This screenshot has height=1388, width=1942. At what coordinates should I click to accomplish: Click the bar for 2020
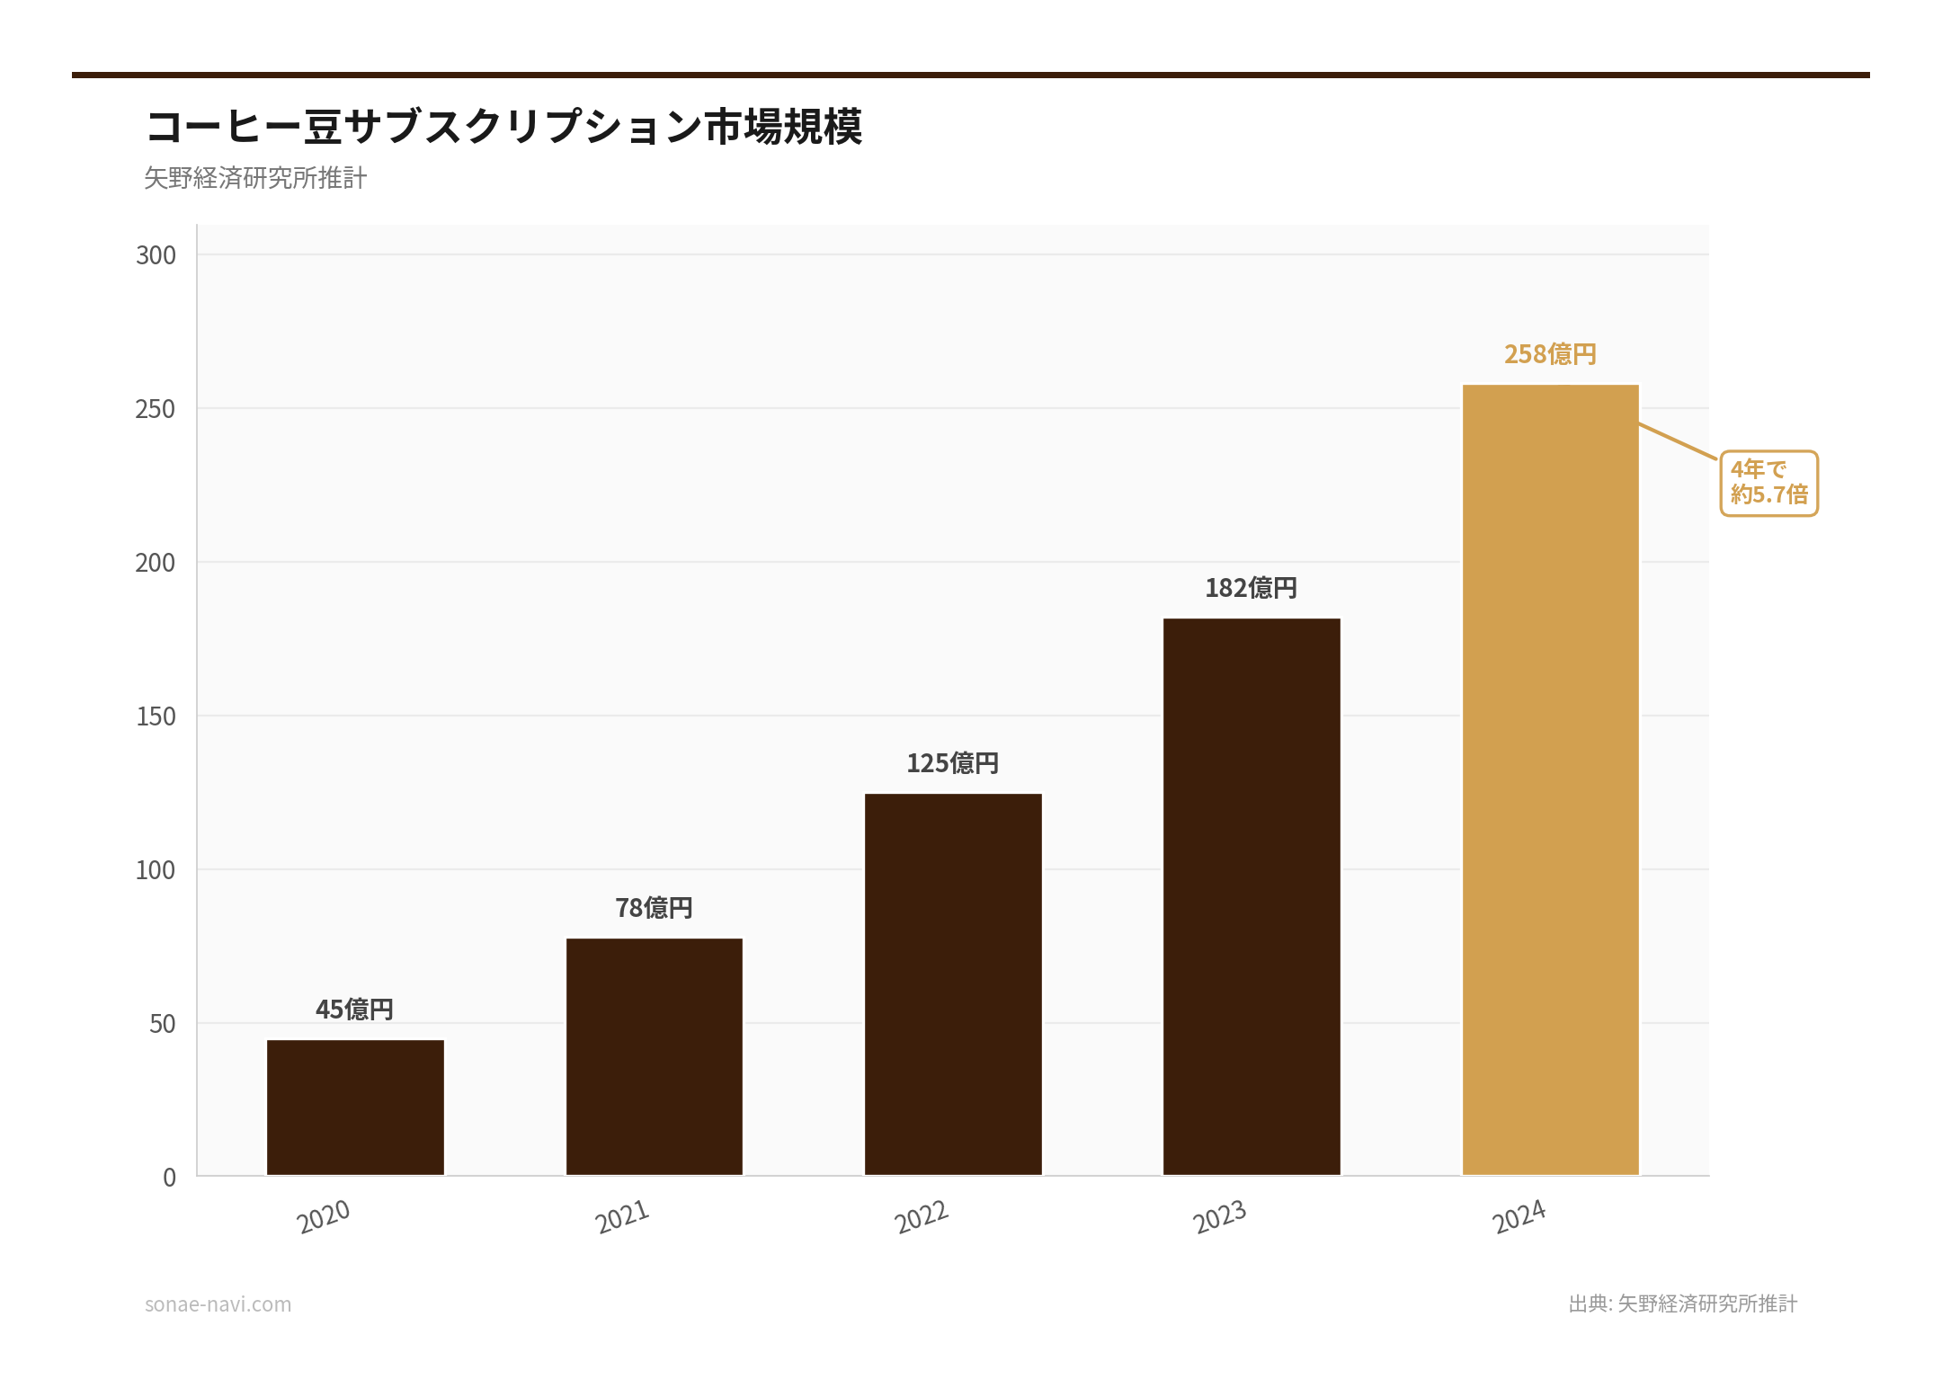click(355, 1107)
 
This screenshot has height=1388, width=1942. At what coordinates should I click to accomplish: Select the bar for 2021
click(654, 1056)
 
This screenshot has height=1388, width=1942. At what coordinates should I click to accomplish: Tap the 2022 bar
click(953, 983)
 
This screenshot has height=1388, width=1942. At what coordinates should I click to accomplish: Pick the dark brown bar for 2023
click(1252, 896)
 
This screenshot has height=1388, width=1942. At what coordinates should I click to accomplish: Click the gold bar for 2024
click(1550, 779)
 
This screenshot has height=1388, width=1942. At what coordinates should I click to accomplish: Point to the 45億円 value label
click(354, 1010)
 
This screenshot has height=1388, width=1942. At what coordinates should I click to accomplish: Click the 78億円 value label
click(654, 908)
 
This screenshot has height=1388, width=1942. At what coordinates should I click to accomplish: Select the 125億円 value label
click(952, 763)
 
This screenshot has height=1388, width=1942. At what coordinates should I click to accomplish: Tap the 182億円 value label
click(1251, 588)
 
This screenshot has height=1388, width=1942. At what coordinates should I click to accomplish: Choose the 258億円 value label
click(1550, 354)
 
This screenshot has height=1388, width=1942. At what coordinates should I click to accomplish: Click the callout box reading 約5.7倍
click(1768, 483)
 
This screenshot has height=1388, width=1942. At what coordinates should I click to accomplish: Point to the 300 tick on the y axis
click(156, 255)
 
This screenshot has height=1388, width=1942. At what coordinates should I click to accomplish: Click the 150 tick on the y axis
click(156, 716)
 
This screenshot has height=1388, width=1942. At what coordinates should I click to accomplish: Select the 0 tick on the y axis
click(169, 1178)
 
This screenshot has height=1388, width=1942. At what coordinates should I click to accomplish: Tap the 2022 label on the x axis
click(922, 1217)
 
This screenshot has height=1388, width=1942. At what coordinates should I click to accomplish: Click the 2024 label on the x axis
click(1519, 1217)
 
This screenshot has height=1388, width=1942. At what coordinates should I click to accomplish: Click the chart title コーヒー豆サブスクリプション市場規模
click(503, 126)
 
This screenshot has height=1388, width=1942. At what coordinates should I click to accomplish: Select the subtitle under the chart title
click(255, 178)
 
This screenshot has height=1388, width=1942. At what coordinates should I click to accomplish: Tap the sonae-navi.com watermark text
click(218, 1304)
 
